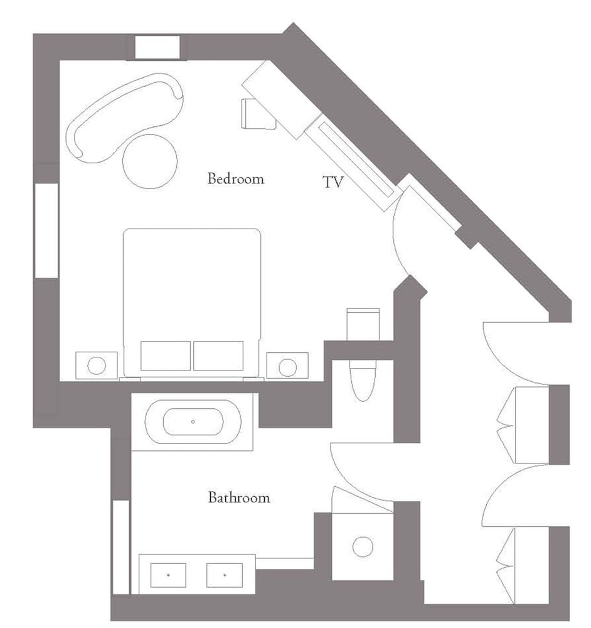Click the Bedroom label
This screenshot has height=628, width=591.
coord(236,178)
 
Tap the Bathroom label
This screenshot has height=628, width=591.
coord(239,497)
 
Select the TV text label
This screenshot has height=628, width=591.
coord(333,182)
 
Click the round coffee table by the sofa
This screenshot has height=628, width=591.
coord(150,161)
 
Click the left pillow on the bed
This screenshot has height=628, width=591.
coord(165,355)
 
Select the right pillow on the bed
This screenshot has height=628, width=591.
coord(218,355)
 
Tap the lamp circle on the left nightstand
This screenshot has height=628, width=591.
coord(97,365)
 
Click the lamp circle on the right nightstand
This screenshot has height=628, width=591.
coord(288,367)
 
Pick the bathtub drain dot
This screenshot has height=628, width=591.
coord(193,422)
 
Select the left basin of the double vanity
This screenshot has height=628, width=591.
coord(168,575)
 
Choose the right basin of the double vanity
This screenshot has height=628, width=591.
coord(225,575)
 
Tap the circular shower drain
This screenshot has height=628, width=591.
coord(363,547)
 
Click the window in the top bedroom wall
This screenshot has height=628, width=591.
coord(157,48)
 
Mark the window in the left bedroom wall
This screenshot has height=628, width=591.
coord(47,230)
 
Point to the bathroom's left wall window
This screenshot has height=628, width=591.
coord(121,547)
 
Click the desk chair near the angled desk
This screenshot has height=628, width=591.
coord(258,114)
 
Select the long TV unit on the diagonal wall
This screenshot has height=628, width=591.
coord(354,162)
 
